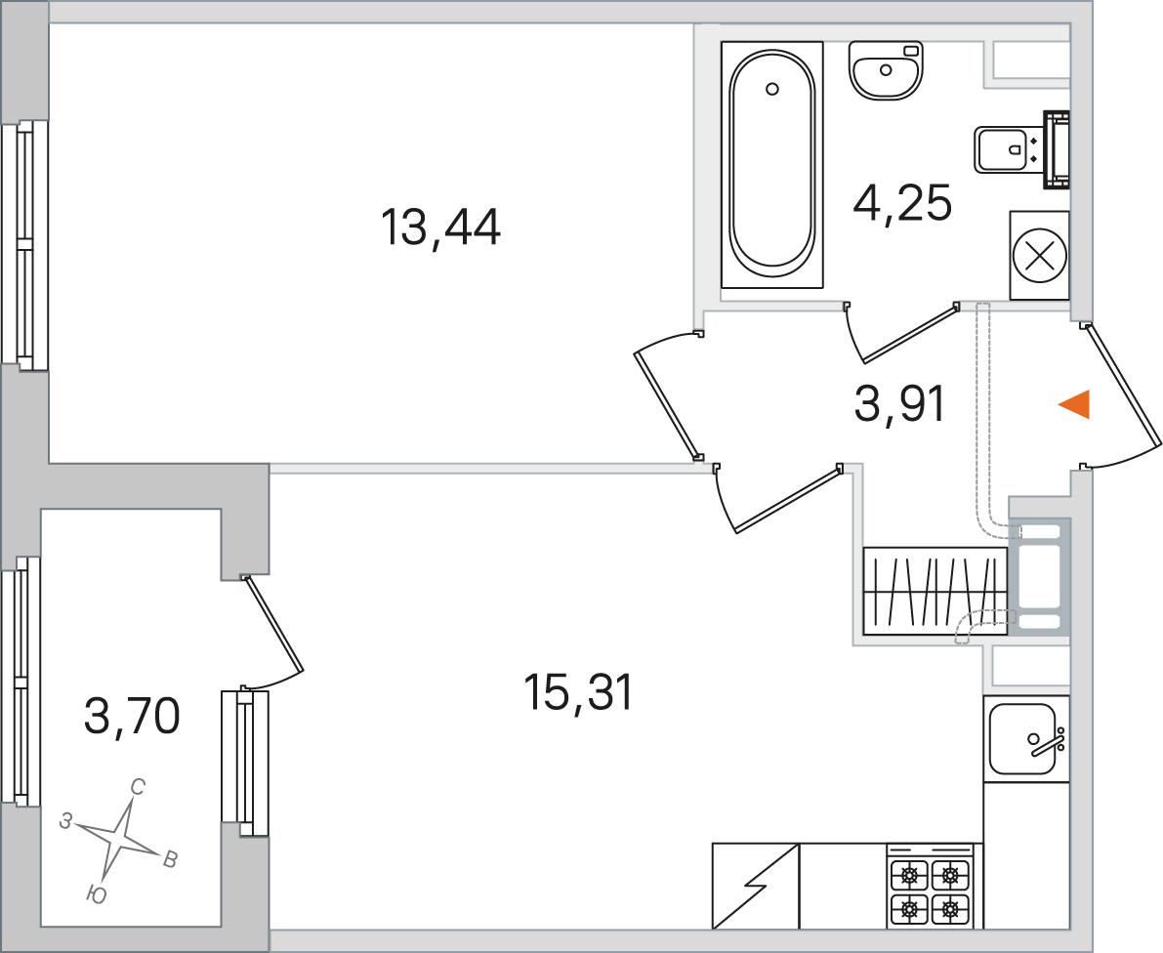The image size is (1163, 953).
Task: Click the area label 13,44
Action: tap(440, 227)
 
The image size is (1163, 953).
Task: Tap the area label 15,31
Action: tap(578, 692)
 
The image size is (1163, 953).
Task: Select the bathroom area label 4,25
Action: tap(902, 202)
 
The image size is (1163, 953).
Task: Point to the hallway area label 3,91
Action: tap(899, 404)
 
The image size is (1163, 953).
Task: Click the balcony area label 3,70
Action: tap(132, 717)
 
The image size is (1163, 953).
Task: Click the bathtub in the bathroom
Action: tap(772, 164)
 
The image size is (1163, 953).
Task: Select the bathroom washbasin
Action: tap(886, 69)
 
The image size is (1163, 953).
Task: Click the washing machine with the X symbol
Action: tap(1039, 256)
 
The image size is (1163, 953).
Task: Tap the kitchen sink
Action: tap(1025, 738)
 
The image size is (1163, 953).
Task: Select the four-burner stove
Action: tap(930, 887)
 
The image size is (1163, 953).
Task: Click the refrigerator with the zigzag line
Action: tap(756, 886)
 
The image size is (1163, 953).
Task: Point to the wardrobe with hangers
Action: tap(935, 591)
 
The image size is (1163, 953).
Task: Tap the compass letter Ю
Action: tap(97, 895)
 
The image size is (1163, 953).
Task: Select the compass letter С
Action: tap(138, 787)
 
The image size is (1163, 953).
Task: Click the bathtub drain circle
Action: tap(772, 89)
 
